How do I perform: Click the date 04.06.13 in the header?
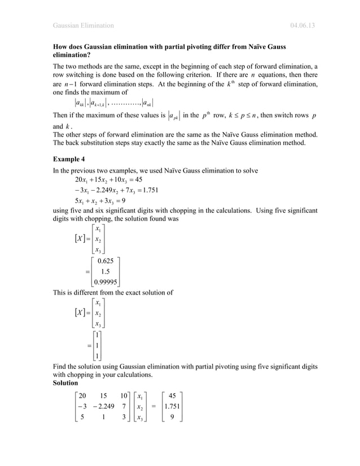[302, 25]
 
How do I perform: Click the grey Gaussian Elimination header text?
[83, 25]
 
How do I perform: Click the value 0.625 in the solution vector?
[107, 261]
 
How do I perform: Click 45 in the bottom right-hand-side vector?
[172, 395]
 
